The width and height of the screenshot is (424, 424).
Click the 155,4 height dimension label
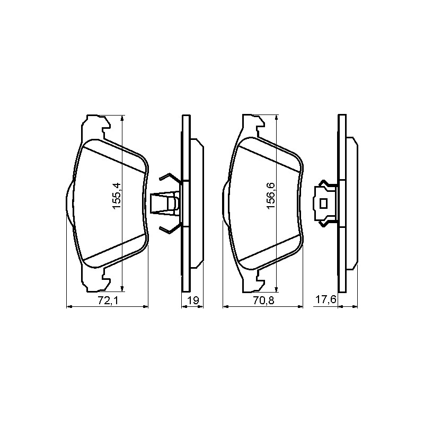click(x=117, y=196)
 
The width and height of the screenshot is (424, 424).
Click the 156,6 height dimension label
click(x=271, y=196)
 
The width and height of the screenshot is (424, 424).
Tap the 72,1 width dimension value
click(x=108, y=301)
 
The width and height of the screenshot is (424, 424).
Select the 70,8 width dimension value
click(x=263, y=301)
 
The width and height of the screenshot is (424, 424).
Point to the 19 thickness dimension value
click(x=193, y=301)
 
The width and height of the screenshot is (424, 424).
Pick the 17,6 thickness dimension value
click(x=325, y=299)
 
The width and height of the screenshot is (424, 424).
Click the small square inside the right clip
click(x=323, y=204)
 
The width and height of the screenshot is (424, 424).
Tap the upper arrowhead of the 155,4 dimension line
click(x=122, y=118)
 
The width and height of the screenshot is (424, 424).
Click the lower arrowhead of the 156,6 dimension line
click(x=276, y=289)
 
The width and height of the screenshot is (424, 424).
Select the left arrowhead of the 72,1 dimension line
click(x=69, y=307)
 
